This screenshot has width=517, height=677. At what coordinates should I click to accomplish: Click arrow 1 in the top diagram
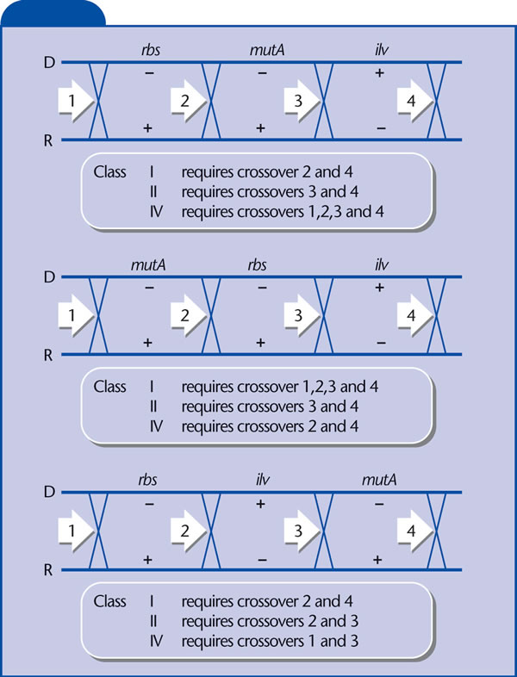click(x=75, y=101)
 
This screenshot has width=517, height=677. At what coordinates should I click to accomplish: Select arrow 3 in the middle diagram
click(x=302, y=315)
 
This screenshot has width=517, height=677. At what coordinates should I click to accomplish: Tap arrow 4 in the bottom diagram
click(x=414, y=531)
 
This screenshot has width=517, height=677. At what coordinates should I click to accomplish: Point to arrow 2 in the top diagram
click(x=189, y=101)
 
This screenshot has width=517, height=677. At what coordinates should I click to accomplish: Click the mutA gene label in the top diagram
click(x=267, y=50)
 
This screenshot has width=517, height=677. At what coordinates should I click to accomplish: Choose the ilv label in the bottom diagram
click(x=262, y=480)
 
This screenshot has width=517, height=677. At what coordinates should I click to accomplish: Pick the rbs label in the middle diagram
click(x=257, y=264)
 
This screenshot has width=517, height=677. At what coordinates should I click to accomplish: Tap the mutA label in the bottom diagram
click(x=379, y=480)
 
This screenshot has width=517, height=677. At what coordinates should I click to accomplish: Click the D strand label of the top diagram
click(x=50, y=63)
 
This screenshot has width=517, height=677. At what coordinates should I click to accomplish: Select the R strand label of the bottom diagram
click(x=48, y=570)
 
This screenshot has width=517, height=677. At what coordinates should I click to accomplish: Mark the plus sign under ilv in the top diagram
click(x=379, y=72)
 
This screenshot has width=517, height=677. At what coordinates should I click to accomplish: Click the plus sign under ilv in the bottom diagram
click(x=260, y=504)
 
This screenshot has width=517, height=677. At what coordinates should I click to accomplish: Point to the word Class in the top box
click(x=109, y=172)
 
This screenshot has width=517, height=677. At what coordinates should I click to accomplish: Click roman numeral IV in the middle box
click(x=156, y=426)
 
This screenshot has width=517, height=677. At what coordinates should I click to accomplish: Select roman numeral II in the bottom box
click(x=153, y=621)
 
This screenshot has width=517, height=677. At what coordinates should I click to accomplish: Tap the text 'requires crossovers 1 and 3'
click(x=270, y=641)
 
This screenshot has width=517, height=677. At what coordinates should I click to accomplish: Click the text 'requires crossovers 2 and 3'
click(x=270, y=621)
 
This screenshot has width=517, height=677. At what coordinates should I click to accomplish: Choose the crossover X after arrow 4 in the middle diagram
click(x=436, y=315)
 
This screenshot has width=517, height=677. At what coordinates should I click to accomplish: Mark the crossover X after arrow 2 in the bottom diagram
click(x=211, y=531)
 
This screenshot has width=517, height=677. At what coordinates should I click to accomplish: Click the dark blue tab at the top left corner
click(x=53, y=14)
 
